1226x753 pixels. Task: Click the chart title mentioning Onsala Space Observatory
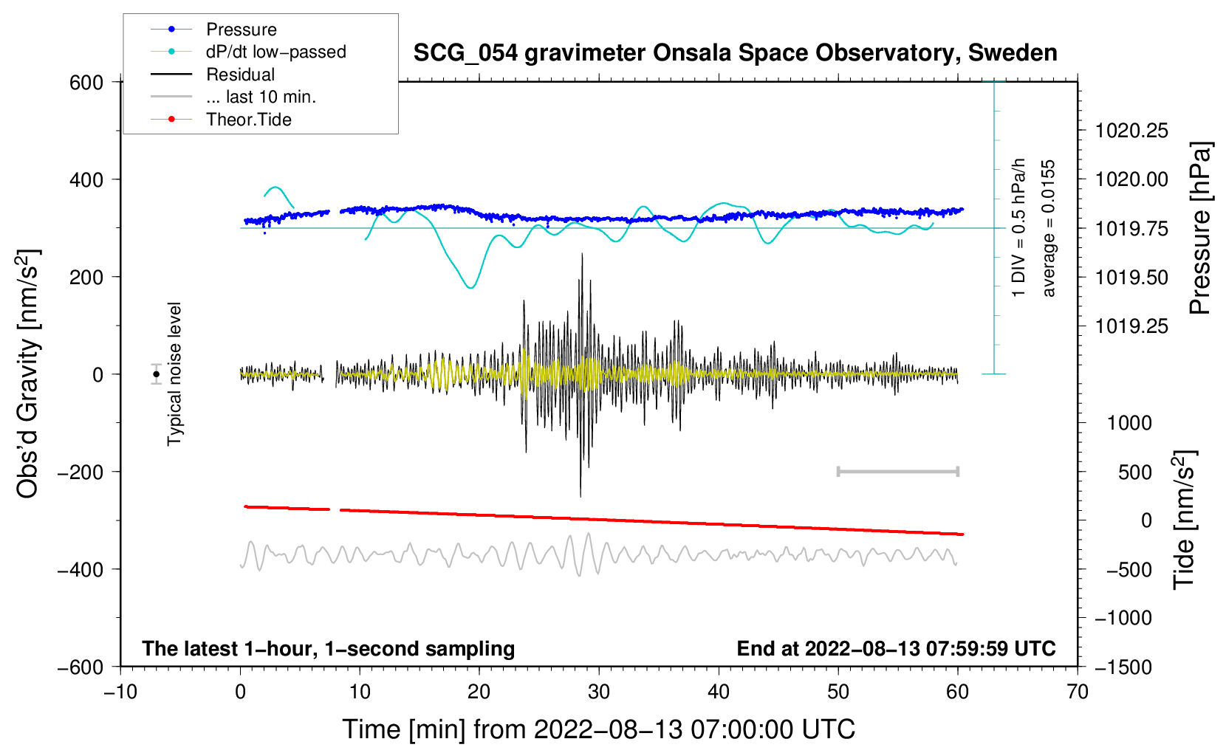(735, 53)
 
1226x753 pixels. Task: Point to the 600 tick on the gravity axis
(86, 83)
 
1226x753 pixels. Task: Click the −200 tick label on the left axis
(81, 472)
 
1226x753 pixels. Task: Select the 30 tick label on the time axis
(599, 692)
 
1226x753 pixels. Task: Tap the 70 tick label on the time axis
(1077, 692)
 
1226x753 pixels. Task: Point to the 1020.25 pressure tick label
(1131, 131)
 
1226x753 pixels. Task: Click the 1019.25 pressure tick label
(1131, 326)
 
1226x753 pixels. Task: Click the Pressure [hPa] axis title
(1199, 228)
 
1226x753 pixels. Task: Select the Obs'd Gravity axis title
(27, 374)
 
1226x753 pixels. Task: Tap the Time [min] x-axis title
(599, 729)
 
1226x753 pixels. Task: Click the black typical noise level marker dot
(156, 374)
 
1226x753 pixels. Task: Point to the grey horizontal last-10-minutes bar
(898, 471)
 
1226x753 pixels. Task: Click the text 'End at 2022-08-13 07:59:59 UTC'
(896, 648)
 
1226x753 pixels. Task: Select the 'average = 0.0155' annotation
(1047, 228)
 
